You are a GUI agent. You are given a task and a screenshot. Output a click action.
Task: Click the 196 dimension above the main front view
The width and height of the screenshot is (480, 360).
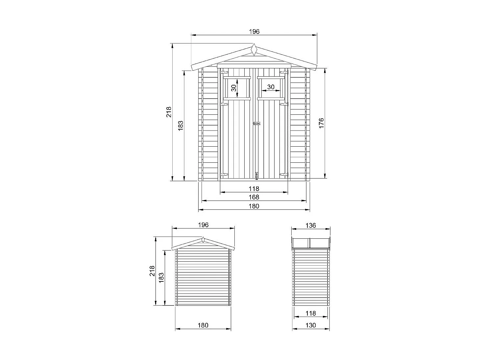coord(254,32)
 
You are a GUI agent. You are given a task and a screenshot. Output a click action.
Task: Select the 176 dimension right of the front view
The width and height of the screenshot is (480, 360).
coord(322,123)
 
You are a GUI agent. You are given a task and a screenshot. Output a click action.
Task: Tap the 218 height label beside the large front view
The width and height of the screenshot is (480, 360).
coord(169,112)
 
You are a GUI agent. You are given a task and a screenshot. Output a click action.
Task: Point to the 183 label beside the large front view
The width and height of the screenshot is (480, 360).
coord(180,126)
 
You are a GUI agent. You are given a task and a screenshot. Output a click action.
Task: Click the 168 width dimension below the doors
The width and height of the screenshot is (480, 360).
coord(254,197)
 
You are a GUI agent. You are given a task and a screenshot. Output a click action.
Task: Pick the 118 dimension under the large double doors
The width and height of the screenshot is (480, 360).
coord(254,189)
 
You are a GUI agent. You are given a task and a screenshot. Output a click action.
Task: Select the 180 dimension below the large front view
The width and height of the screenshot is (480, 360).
coord(254,206)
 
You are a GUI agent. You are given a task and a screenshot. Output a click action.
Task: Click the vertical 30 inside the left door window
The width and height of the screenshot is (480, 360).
coord(233,88)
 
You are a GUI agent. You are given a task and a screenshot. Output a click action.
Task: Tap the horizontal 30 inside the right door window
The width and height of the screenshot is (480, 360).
coord(271,87)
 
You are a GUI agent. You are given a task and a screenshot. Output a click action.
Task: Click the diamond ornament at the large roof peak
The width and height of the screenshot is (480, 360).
coord(254,50)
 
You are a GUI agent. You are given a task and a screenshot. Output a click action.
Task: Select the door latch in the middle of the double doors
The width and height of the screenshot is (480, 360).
coord(256,124)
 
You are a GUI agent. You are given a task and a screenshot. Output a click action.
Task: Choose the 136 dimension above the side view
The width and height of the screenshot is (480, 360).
coord(311,225)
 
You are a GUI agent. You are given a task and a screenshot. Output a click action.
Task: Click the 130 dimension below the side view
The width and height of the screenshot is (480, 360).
coord(311,325)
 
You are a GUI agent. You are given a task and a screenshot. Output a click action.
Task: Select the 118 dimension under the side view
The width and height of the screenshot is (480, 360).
coord(311,313)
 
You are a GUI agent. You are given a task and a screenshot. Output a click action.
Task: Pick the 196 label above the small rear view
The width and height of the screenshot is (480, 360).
coord(203,225)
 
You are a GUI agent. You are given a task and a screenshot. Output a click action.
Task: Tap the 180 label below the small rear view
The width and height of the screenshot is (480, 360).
coord(203,325)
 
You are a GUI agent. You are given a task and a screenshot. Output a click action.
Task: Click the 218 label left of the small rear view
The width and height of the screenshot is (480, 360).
coord(152,271)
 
